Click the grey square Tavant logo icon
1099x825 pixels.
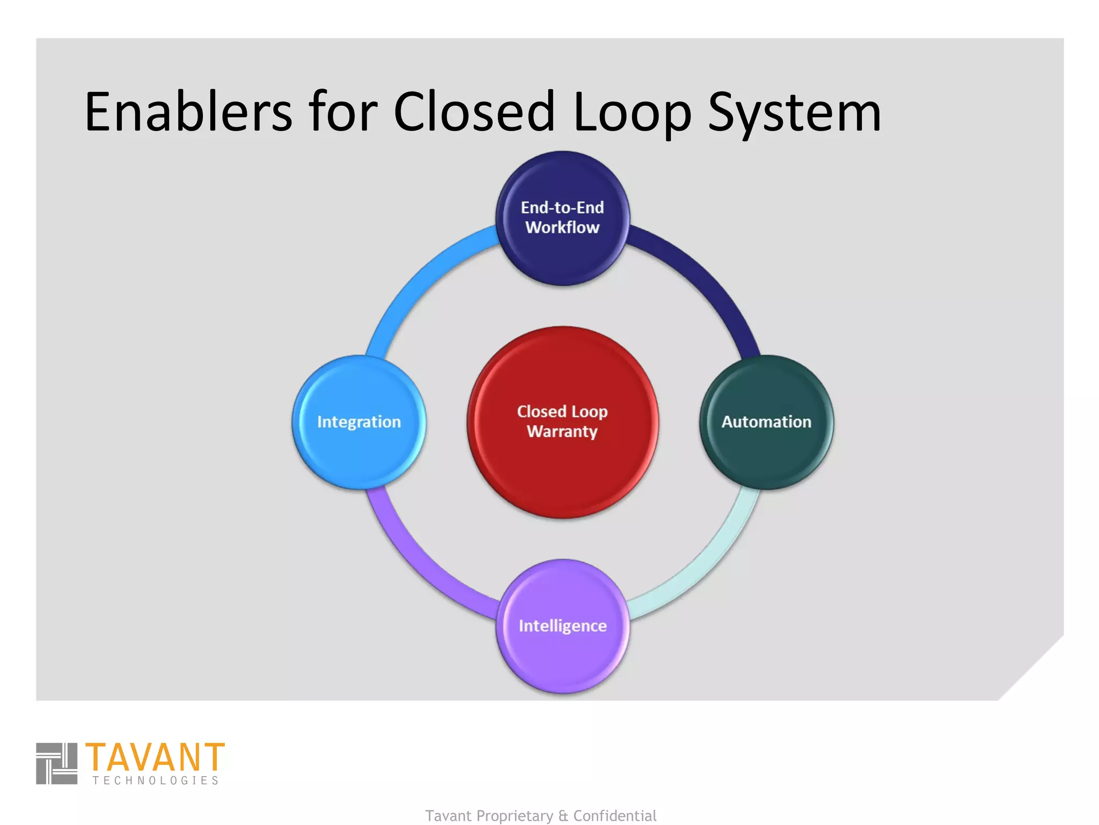coord(56,763)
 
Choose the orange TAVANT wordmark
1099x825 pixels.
coord(155,757)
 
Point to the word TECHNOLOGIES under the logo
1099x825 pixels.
coord(156,780)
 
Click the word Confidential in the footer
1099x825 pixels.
coord(614,815)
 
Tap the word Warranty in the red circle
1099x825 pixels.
coord(562,431)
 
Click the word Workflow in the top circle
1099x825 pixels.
coord(562,227)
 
